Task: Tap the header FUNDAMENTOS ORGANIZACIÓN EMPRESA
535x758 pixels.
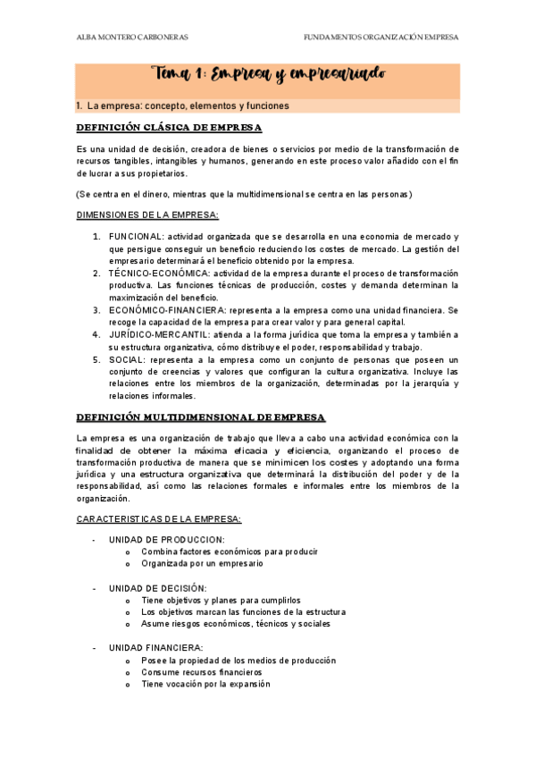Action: (381, 38)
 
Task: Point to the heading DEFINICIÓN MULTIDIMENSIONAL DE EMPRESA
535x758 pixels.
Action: (201, 417)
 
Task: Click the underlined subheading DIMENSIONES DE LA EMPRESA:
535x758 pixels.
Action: (146, 215)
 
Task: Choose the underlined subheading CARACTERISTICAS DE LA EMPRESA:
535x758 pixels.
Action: (153, 519)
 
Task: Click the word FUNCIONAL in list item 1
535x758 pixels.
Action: (136, 235)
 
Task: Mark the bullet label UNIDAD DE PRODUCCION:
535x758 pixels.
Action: (166, 540)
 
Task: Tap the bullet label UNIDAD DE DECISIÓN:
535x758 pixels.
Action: (157, 588)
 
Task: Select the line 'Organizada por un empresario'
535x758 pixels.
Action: (202, 564)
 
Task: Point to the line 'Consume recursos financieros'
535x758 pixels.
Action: (201, 672)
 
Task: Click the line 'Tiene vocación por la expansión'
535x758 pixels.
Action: (205, 684)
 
